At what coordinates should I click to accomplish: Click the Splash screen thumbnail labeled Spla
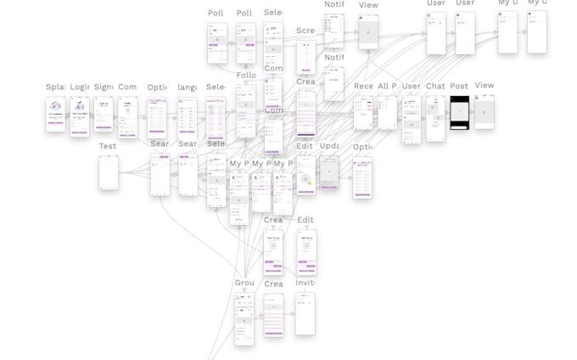tap(55, 114)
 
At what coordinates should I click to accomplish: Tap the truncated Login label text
tap(79, 87)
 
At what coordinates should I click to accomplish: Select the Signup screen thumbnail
tap(104, 114)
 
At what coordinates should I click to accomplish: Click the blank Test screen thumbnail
tap(109, 172)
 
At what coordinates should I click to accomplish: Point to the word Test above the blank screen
tap(108, 146)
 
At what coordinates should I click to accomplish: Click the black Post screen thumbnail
tap(459, 112)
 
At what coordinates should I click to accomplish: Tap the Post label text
tap(459, 86)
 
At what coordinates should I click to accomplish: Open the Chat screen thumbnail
tap(435, 118)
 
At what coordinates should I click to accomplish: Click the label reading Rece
tap(363, 86)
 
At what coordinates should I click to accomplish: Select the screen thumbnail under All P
tap(387, 112)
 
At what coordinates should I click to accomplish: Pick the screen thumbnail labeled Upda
tap(329, 172)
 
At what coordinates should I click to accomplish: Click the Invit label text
tap(305, 283)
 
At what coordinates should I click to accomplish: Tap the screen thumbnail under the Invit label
tap(305, 313)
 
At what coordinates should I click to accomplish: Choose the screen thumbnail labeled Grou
tap(244, 318)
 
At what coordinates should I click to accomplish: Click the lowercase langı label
tap(188, 87)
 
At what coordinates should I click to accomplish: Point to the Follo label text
tap(246, 75)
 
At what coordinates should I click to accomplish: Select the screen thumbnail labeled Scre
tap(305, 57)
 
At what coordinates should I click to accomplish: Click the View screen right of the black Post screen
tap(484, 112)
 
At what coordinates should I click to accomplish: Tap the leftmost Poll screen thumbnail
tap(216, 42)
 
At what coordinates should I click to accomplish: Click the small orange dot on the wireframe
tap(310, 183)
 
